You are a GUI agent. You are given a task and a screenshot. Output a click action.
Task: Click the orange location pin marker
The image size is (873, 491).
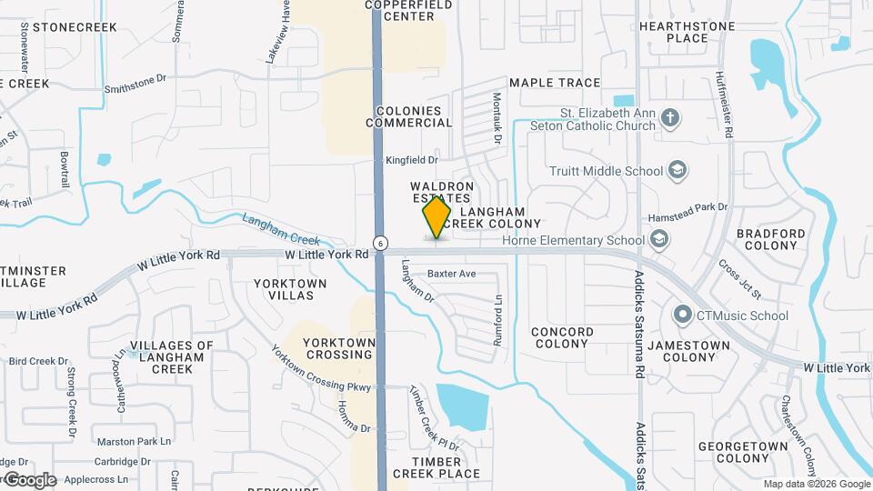point(436,217)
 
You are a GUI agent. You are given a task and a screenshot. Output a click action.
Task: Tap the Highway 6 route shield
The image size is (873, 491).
point(380,243)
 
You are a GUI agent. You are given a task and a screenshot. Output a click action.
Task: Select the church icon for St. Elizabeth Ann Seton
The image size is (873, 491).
point(670,118)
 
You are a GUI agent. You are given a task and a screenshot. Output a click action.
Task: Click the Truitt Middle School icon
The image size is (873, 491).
point(677,170)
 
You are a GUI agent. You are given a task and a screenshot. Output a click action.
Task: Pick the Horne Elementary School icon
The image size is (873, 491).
point(659,240)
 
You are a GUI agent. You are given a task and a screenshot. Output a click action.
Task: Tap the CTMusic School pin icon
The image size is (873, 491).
point(683,316)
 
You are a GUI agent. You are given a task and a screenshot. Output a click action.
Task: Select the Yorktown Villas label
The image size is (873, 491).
point(290,289)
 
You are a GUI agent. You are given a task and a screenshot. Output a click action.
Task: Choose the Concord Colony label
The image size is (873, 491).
point(562,337)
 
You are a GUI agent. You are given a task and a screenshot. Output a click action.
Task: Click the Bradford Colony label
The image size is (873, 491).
point(771,239)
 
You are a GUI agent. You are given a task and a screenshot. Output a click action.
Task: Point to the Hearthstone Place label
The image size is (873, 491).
point(687,32)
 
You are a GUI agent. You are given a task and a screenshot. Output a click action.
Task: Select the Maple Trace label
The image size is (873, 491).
point(555,83)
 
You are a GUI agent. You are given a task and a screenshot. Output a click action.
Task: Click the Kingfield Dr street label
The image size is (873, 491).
point(412,160)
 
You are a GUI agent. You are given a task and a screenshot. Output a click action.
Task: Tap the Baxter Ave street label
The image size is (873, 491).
point(452,273)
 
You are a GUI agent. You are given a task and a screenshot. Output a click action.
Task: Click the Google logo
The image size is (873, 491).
point(30,479)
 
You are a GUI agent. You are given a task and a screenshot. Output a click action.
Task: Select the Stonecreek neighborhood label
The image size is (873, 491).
point(75,27)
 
